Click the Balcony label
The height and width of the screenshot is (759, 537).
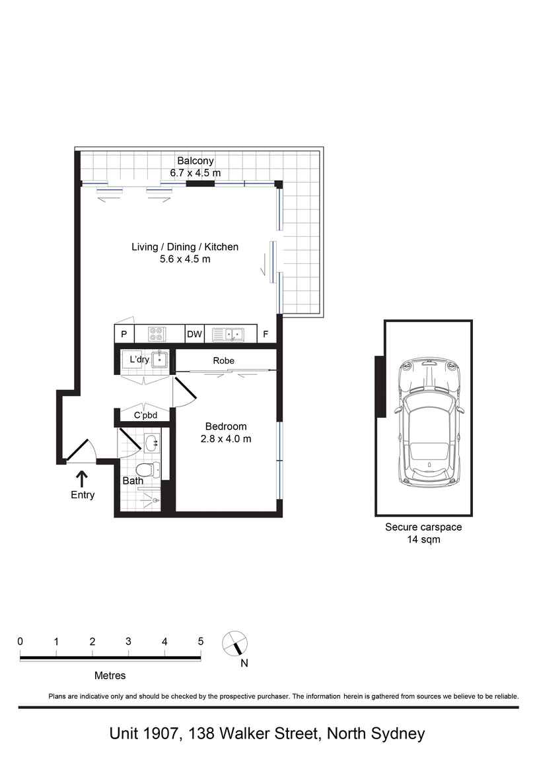tap(195, 160)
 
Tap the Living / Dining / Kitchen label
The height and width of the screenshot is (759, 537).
tap(185, 247)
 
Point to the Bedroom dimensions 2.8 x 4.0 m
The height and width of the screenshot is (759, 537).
tap(226, 439)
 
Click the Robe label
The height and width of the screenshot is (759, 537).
tap(224, 360)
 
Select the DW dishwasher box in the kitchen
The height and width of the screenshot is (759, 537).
tap(195, 334)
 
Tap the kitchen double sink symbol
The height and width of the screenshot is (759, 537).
tap(228, 334)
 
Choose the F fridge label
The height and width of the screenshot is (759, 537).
tap(266, 334)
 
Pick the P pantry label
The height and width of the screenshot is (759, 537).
tap(124, 334)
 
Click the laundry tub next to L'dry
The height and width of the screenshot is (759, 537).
tap(159, 360)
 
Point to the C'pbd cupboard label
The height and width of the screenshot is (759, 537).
tap(146, 415)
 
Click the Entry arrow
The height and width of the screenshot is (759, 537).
tap(83, 479)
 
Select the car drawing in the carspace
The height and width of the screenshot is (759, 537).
tap(429, 422)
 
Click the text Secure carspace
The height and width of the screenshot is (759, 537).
tap(423, 527)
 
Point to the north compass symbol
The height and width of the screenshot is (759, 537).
tap(235, 644)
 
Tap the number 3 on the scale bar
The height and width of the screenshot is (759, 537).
tap(128, 642)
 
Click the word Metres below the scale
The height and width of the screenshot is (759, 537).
tap(110, 676)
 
